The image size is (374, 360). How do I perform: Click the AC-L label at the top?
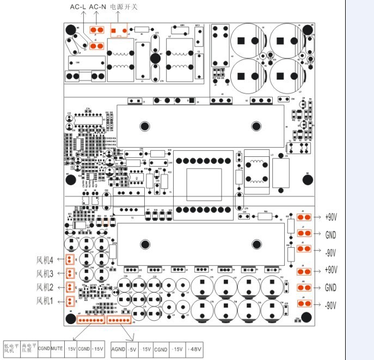tap(77, 7)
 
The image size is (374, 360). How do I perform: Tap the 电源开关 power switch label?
tap(124, 7)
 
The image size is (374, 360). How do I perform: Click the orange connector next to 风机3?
tap(70, 273)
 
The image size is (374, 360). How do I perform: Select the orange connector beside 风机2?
tap(70, 288)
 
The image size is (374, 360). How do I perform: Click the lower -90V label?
tap(331, 306)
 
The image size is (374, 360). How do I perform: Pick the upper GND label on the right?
tap(331, 235)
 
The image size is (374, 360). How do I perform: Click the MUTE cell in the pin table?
tap(57, 347)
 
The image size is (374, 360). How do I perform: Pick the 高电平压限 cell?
tap(28, 347)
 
